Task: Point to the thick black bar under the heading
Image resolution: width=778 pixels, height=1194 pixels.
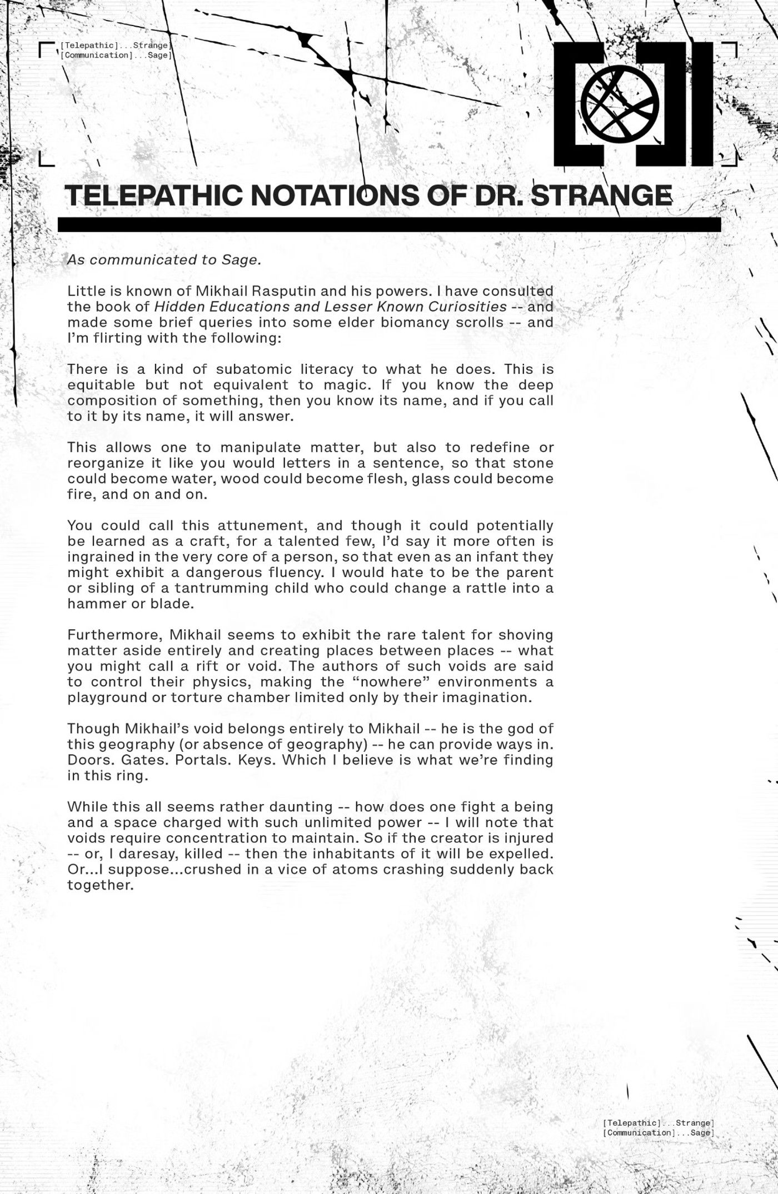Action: pyautogui.click(x=389, y=224)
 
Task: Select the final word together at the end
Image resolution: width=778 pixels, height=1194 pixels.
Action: pyautogui.click(x=101, y=885)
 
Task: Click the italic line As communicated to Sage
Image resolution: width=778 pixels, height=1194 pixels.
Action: pyautogui.click(x=164, y=260)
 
